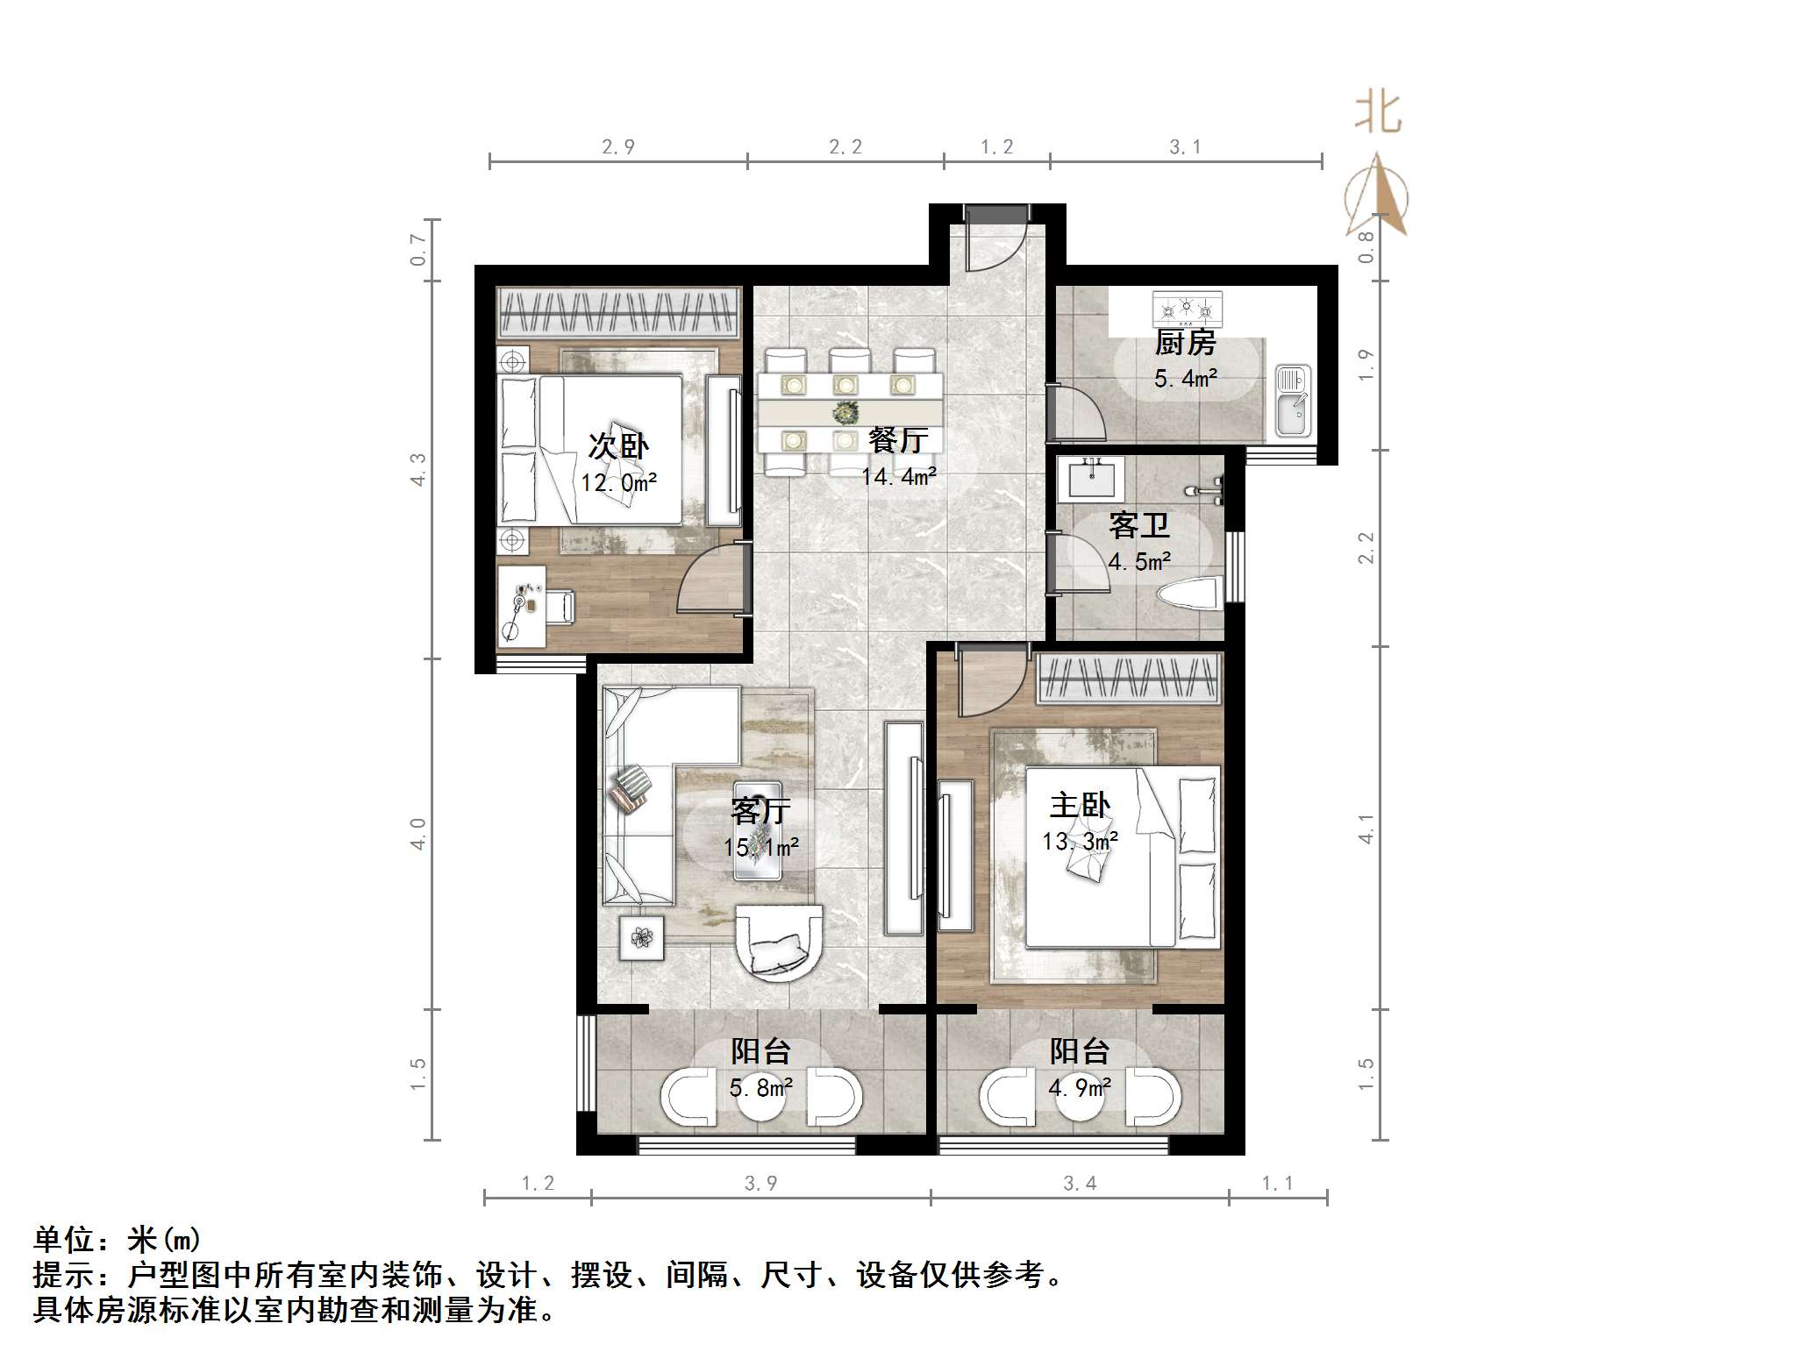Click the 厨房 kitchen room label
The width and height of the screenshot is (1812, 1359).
click(1185, 343)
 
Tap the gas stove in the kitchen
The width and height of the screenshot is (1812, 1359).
click(1187, 309)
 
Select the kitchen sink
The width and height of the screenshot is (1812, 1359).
click(1292, 402)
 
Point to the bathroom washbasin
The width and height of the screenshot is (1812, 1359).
click(1090, 477)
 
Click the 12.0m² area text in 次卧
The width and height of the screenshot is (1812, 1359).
click(618, 483)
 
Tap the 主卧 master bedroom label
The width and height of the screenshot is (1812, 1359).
click(1080, 805)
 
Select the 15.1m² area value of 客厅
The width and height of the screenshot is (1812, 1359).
click(760, 848)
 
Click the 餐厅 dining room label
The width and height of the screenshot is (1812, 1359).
click(897, 440)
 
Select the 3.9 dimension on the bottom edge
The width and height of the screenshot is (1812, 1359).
click(760, 1184)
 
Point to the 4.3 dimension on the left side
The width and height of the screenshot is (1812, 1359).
click(418, 469)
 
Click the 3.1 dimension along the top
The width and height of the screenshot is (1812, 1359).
click(1185, 147)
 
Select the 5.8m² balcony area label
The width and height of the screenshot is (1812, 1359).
click(760, 1088)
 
